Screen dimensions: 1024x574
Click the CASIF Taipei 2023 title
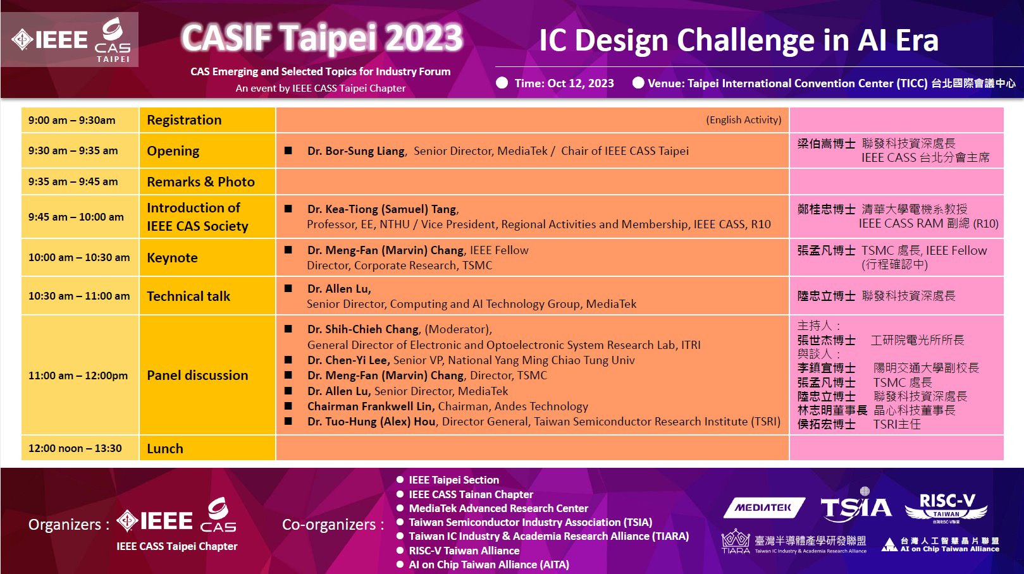pos(323,39)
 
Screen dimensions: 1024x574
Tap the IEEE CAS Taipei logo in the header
pos(70,40)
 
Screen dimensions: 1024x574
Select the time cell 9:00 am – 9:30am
pos(80,120)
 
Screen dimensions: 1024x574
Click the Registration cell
pos(207,120)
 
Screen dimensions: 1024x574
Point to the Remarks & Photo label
pos(200,182)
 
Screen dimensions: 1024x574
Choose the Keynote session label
pos(172,258)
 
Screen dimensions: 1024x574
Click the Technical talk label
pos(188,296)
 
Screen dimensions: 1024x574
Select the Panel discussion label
pos(197,376)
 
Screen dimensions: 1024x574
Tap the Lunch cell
pos(207,448)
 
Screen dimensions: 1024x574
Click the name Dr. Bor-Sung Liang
pos(357,151)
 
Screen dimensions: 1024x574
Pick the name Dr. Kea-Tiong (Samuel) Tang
pos(383,209)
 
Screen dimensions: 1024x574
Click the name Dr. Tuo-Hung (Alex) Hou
pos(372,422)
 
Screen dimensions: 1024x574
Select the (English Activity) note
pos(744,119)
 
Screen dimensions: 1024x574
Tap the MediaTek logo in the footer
pos(764,508)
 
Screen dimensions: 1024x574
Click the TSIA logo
pos(856,506)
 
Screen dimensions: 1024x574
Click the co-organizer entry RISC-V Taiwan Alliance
pos(464,551)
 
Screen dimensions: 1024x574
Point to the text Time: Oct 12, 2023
pos(564,83)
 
